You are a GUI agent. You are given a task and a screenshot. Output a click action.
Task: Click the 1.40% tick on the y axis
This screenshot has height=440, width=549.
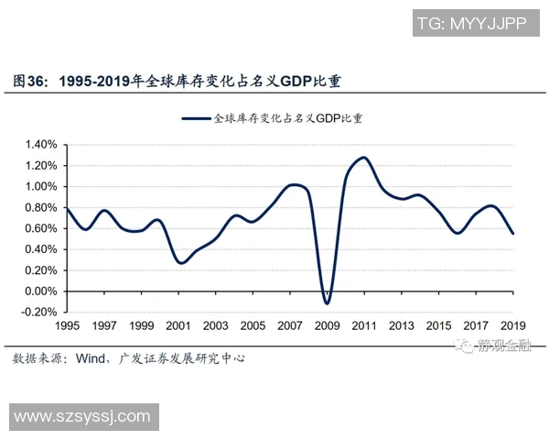(41, 145)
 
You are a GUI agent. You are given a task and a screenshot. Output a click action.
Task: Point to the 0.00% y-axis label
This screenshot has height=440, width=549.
(41, 291)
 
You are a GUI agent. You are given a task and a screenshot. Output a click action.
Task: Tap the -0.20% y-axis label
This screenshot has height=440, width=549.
(39, 313)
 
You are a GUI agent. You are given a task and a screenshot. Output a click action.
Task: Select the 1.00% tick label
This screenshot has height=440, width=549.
(41, 186)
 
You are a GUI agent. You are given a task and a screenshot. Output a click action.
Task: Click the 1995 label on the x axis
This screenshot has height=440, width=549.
(67, 325)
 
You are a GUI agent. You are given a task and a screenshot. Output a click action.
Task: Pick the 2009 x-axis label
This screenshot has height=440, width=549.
(328, 325)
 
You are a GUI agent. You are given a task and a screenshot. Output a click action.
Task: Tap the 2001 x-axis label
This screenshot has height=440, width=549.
(178, 325)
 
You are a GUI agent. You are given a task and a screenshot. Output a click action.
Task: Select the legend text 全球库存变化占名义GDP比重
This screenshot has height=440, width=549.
(287, 118)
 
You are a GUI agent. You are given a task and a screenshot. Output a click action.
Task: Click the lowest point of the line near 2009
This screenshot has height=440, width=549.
(327, 303)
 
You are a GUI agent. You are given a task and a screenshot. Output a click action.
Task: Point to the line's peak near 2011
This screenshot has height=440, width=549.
(363, 158)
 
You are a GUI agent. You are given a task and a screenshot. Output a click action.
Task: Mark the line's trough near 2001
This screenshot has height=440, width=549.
(181, 263)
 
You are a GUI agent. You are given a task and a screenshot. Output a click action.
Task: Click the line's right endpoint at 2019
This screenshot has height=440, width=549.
(513, 234)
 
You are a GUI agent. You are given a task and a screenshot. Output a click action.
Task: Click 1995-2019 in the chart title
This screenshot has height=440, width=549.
(94, 81)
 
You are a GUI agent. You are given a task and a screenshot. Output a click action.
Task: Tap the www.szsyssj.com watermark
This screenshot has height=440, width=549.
(81, 417)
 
